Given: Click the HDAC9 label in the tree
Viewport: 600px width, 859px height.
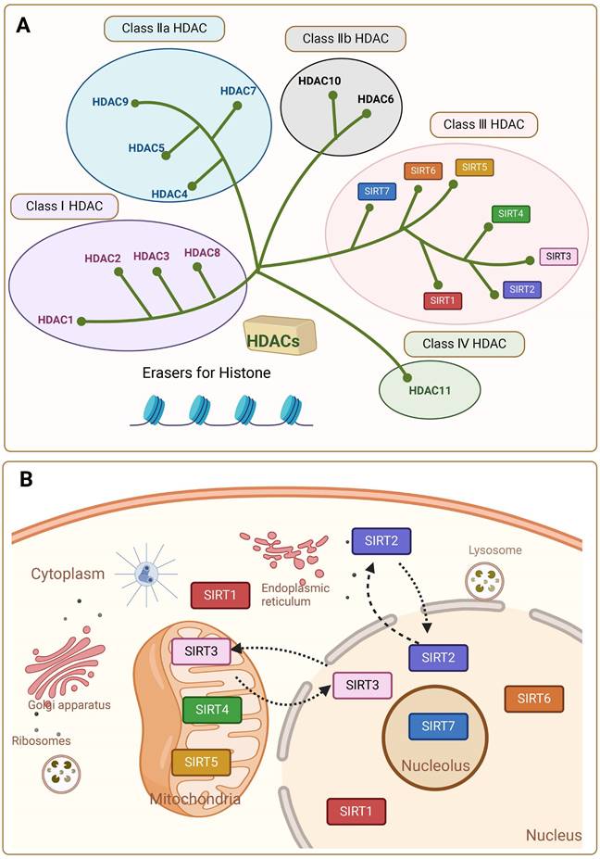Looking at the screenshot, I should pos(110,100).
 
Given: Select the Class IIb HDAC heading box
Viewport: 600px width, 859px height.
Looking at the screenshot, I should pos(344,39).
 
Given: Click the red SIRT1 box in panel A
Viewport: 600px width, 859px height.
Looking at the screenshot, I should pos(443,300).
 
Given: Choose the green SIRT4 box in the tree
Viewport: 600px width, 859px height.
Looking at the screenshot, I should pos(510,214).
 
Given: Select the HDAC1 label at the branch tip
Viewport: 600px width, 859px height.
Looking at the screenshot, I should pos(56,320).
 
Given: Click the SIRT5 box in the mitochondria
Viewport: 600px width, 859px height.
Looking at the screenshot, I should pos(201,762).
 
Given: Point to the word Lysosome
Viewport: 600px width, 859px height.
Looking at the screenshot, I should pos(494,550).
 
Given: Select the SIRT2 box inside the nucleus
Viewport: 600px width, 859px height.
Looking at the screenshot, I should pos(438,657).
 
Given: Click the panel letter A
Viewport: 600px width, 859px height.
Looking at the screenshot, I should pos(27,26).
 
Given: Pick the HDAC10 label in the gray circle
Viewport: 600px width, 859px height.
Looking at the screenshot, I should pos(319,82).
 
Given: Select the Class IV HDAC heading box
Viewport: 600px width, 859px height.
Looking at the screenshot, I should pos(464,344).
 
